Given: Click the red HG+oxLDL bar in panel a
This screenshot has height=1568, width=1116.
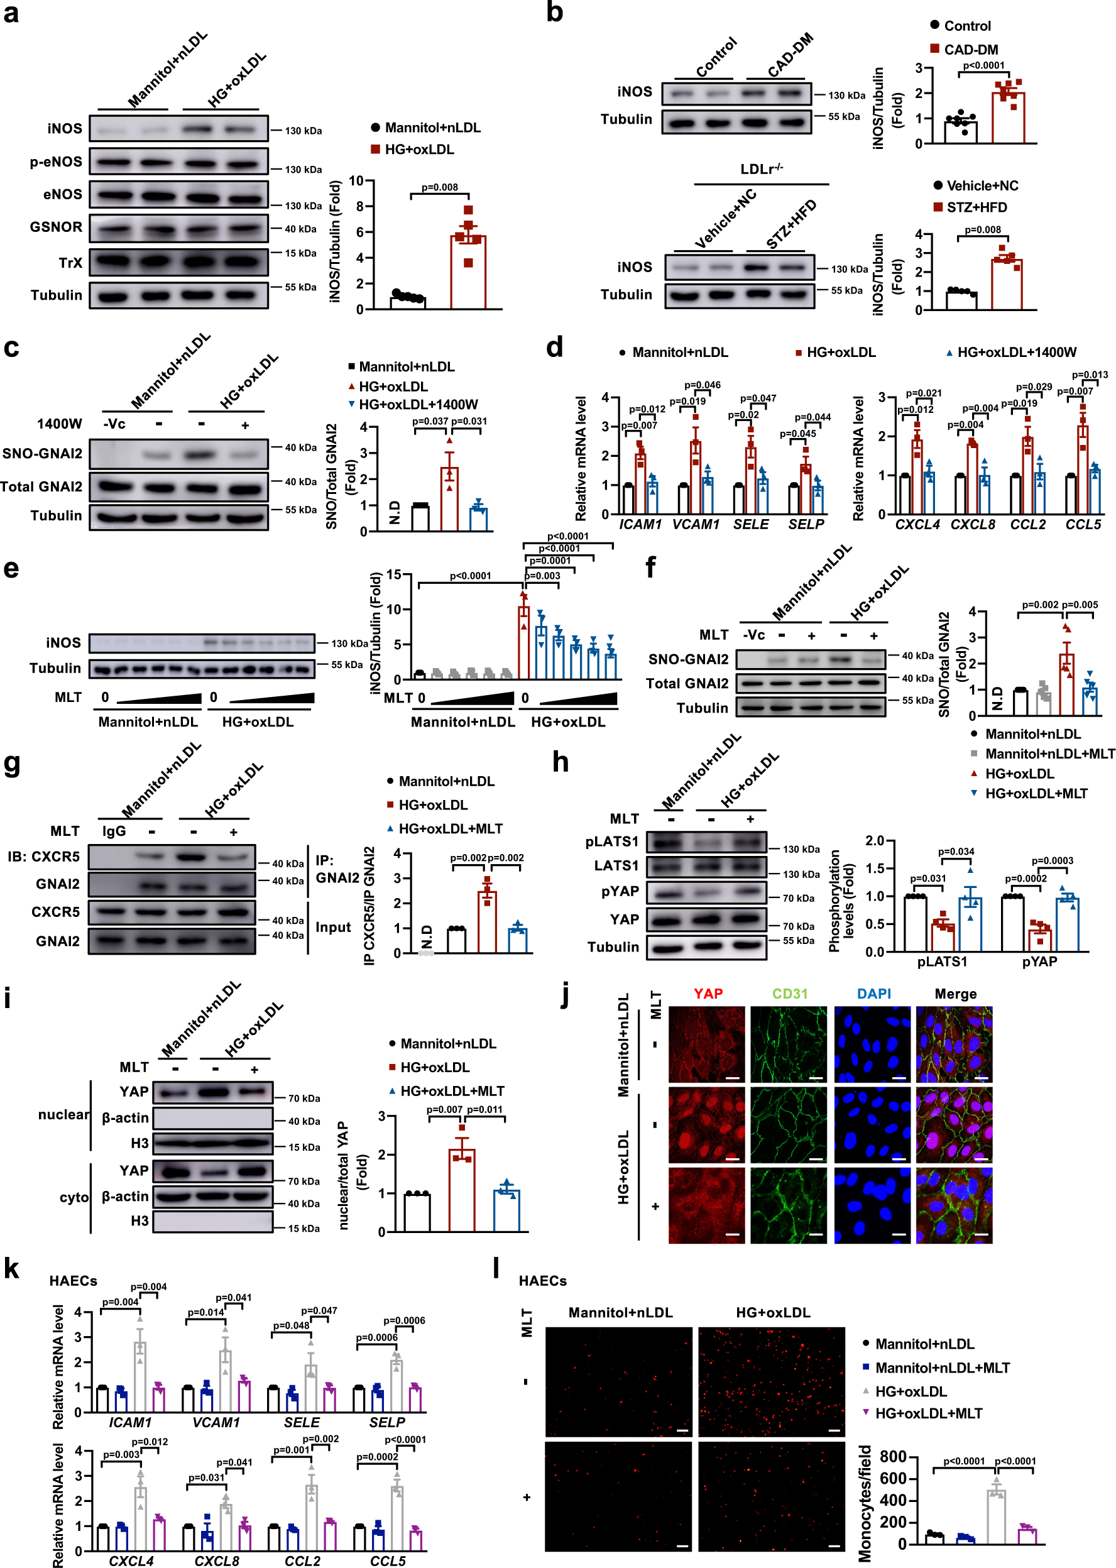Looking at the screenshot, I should (x=468, y=272).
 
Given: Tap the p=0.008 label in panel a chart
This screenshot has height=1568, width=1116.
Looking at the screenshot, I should (x=440, y=187).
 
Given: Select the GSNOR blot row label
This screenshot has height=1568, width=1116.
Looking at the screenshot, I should (x=56, y=227).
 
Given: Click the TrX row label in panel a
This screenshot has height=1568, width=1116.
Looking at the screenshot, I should (x=70, y=263).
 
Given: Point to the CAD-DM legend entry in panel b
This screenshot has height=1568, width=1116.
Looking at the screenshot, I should (x=970, y=50).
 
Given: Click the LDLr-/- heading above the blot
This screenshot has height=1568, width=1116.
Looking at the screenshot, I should (x=762, y=169).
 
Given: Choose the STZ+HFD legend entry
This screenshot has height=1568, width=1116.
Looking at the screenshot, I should (x=976, y=207).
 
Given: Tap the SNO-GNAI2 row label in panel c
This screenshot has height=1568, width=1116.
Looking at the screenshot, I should (x=42, y=454).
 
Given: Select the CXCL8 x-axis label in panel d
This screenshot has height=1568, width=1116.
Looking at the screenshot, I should (x=973, y=524).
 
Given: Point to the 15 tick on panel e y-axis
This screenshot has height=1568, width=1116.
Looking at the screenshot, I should (x=394, y=575).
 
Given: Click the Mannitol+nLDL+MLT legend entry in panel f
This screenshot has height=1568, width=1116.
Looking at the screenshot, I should (x=1049, y=754).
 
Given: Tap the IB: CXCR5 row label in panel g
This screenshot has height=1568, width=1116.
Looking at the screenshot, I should (x=43, y=856).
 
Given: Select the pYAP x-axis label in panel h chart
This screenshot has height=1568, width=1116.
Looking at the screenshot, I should (x=1039, y=962).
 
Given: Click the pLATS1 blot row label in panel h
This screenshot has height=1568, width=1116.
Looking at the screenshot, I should (x=611, y=842).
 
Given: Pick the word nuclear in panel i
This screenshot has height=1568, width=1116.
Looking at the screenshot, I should (x=63, y=1114).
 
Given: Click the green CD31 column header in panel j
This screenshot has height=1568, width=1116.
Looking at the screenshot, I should (x=790, y=994).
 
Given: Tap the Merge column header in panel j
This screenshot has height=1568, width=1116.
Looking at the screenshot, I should (x=955, y=994).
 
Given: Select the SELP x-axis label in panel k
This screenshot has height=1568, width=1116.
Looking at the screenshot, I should (x=387, y=1422).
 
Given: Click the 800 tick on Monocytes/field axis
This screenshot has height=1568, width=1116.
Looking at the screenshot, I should (x=894, y=1457).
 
